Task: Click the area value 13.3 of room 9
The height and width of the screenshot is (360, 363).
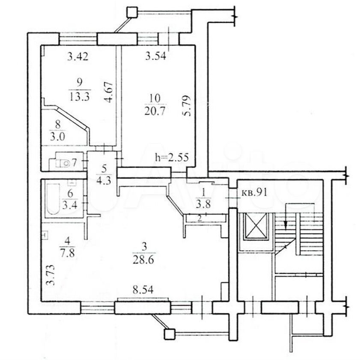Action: [80, 96]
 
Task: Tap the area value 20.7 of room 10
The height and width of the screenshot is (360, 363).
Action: [155, 111]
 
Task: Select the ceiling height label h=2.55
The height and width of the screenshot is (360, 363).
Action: [172, 158]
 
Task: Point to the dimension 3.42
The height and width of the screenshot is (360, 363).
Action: [78, 57]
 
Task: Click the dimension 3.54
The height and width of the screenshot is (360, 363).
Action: [156, 56]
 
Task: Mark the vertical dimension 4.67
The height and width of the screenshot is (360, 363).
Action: [109, 92]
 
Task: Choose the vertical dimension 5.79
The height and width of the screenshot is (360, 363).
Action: [187, 105]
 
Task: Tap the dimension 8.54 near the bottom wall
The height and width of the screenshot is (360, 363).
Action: [143, 290]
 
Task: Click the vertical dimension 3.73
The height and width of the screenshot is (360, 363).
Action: [50, 275]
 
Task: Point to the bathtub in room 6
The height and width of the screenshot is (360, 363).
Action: [53, 199]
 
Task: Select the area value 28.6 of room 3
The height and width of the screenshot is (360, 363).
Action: [143, 260]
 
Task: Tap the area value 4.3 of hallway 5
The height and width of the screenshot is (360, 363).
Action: [104, 180]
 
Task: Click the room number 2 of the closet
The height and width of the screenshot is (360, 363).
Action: [199, 218]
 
